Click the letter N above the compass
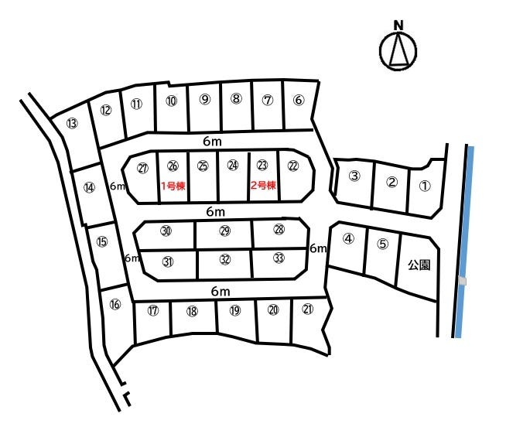point(398,26)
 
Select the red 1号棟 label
point(173,186)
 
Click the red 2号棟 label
point(263,185)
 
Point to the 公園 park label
point(419,265)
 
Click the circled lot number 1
point(425,186)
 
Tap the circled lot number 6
point(299,100)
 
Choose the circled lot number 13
point(72,123)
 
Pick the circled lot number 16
point(115,304)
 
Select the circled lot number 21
point(308,309)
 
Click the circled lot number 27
point(142,168)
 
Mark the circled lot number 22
point(293,166)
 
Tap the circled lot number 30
point(166,231)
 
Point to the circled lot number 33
point(279,258)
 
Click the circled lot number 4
point(348,238)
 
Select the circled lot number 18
point(192,311)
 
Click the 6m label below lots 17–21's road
point(221,291)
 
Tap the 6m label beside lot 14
point(118,186)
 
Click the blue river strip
point(464,241)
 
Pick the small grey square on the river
point(463,281)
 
